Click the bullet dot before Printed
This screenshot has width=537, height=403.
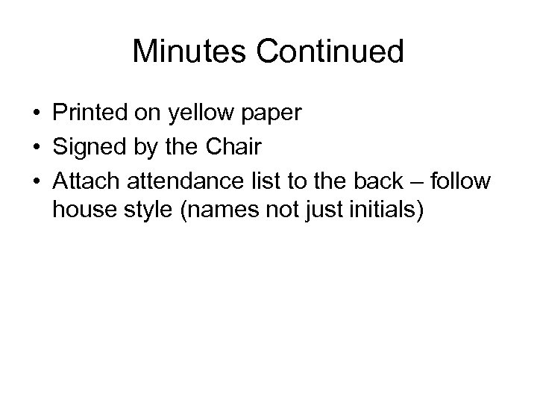[x=36, y=114]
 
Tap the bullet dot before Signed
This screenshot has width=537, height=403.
[x=36, y=147]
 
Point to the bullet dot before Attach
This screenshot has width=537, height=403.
[x=36, y=180]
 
